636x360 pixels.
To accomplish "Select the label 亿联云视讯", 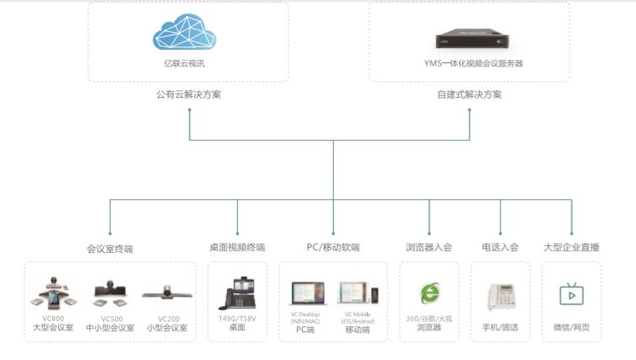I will click(185, 63).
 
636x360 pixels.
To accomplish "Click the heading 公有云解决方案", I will click(189, 94).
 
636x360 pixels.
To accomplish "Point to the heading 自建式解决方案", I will click(469, 94).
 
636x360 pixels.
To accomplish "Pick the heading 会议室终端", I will click(110, 249).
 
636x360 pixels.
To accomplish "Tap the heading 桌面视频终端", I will click(237, 248).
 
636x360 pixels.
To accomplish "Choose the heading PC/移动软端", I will click(333, 248).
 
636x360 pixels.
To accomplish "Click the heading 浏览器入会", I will click(428, 248).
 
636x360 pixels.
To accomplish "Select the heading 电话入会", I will click(500, 248).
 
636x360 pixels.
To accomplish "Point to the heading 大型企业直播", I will click(571, 248).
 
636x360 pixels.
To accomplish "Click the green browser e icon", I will click(429, 293).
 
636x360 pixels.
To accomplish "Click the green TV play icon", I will click(571, 293).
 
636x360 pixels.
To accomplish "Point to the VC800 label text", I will click(52, 319).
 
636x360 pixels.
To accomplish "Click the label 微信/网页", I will click(571, 327).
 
